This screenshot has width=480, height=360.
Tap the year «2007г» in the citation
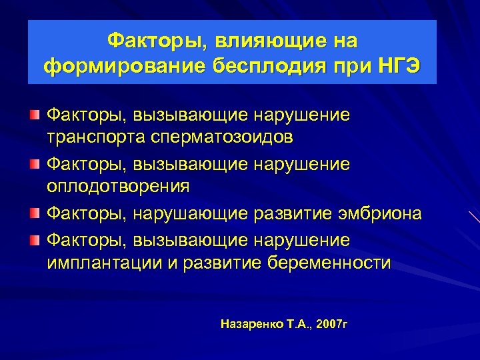333,324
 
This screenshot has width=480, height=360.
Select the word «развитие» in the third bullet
285,213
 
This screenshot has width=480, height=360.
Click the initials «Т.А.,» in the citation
297,324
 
